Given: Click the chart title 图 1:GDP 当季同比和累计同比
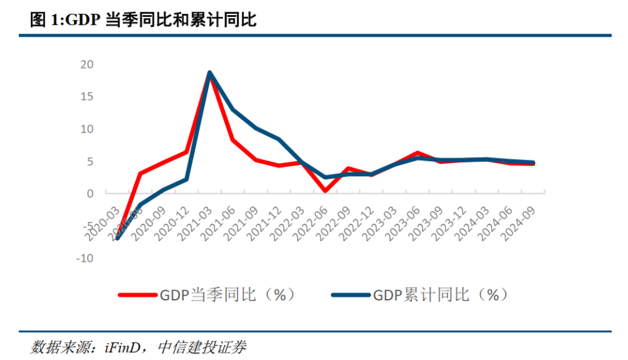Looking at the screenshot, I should (x=143, y=20).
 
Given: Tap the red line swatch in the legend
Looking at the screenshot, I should (x=138, y=295).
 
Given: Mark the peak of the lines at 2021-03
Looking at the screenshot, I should (x=209, y=73).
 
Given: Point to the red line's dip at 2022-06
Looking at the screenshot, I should (x=325, y=190).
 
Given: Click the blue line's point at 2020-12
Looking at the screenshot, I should (x=186, y=179).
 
